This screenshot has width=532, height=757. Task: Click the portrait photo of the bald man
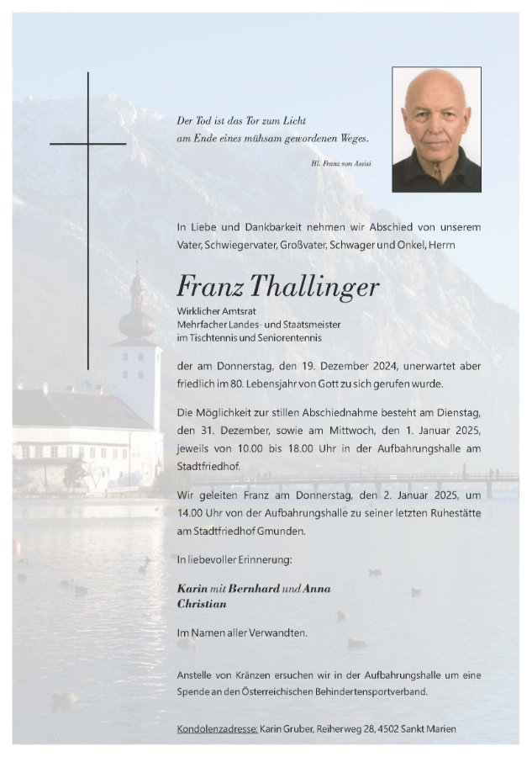[436, 129]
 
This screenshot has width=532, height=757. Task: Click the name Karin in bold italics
[192, 589]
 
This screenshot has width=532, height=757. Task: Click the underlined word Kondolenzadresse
[217, 728]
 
